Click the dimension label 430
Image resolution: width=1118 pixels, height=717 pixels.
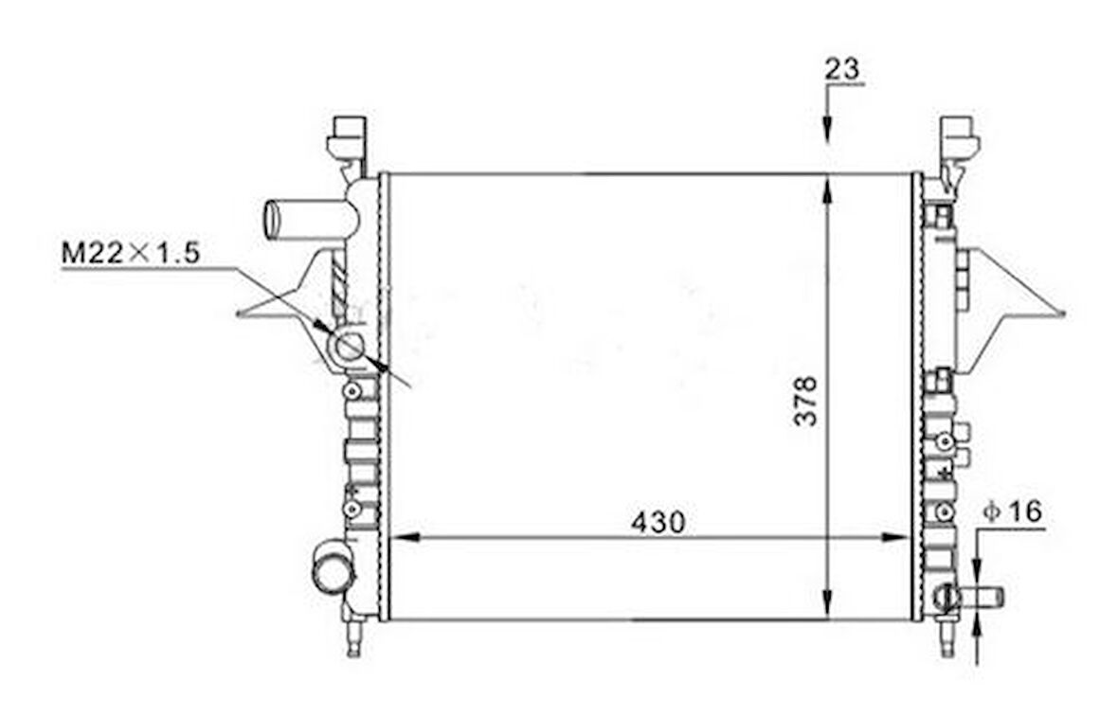tap(658, 522)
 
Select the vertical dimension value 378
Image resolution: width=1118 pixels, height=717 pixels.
tap(805, 401)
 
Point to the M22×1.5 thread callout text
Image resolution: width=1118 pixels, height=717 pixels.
tap(131, 253)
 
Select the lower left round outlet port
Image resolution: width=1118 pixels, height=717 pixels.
tap(332, 566)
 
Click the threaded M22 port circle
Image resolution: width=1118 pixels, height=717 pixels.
tap(350, 346)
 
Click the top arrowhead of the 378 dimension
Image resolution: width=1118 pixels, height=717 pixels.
tap(828, 188)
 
